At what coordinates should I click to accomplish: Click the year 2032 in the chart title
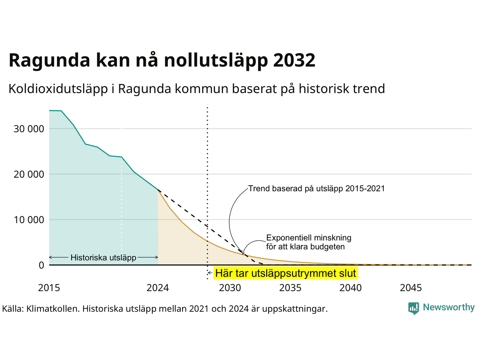(294, 60)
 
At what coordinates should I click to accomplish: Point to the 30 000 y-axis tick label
(29, 129)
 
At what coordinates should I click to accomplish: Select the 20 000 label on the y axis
(29, 174)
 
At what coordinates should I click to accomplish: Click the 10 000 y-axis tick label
(29, 220)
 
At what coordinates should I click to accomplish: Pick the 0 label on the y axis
(41, 265)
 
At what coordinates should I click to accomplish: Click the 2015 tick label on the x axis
(49, 288)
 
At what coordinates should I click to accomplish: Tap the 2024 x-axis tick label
(157, 288)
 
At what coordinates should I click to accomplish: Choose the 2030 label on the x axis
(230, 288)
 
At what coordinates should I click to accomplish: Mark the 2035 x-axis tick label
(290, 288)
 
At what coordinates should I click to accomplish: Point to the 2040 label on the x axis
(351, 288)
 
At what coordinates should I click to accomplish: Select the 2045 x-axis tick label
(411, 288)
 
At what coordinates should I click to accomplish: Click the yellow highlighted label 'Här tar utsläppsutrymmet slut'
(286, 273)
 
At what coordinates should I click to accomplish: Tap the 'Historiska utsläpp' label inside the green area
(103, 258)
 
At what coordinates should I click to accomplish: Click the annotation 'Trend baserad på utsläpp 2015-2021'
(316, 188)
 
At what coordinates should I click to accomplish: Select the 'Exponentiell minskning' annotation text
(309, 238)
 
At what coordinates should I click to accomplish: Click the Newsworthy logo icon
(414, 308)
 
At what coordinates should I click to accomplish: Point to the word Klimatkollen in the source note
(52, 309)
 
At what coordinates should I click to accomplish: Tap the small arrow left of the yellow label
(210, 273)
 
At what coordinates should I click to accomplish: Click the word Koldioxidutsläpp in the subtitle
(58, 89)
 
